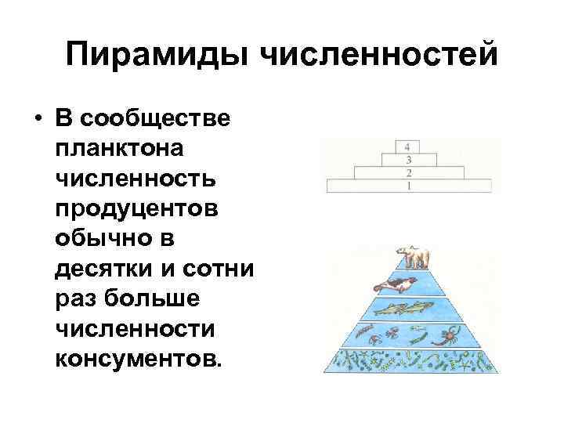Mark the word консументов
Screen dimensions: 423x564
pos(139,359)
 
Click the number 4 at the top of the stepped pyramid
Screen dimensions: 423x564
pos(408,146)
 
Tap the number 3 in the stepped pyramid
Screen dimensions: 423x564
pos(408,159)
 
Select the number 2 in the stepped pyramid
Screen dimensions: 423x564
pos(408,172)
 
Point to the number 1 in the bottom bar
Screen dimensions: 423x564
pos(408,186)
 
